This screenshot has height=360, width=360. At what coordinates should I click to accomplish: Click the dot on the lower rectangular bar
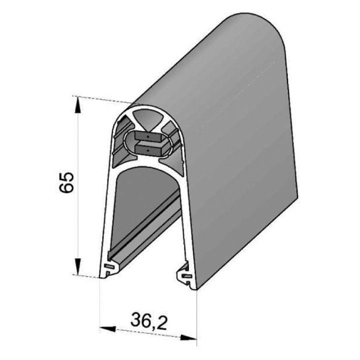point(149,148)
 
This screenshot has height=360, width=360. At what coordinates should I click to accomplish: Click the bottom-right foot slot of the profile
point(185,275)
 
